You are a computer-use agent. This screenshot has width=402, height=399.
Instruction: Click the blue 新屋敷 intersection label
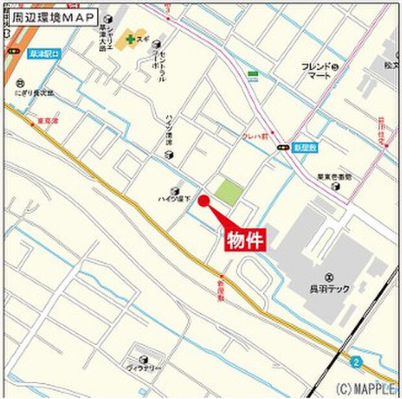click(x=303, y=147)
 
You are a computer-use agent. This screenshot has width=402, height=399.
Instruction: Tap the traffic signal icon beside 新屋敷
click(x=283, y=148)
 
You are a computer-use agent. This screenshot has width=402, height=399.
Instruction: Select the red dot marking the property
click(x=202, y=201)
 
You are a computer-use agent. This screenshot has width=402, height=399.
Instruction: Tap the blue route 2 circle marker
click(x=355, y=361)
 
